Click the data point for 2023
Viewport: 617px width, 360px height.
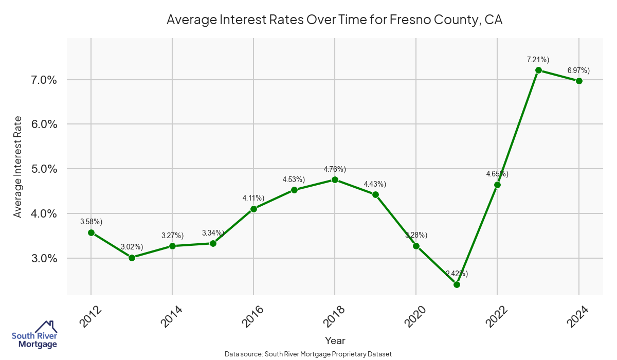(538, 70)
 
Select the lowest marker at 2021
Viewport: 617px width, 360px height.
(457, 284)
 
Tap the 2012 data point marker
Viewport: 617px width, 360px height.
(91, 232)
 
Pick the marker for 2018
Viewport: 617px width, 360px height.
(335, 180)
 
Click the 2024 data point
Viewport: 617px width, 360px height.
(579, 81)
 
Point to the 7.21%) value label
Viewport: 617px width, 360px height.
(538, 60)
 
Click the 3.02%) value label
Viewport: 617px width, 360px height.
(132, 247)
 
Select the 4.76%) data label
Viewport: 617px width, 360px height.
(335, 169)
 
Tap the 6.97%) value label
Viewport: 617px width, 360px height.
(578, 70)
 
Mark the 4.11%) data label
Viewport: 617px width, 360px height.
(253, 198)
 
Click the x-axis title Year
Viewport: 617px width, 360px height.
(335, 340)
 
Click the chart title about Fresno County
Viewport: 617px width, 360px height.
(335, 21)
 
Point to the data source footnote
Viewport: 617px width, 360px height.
(308, 354)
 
